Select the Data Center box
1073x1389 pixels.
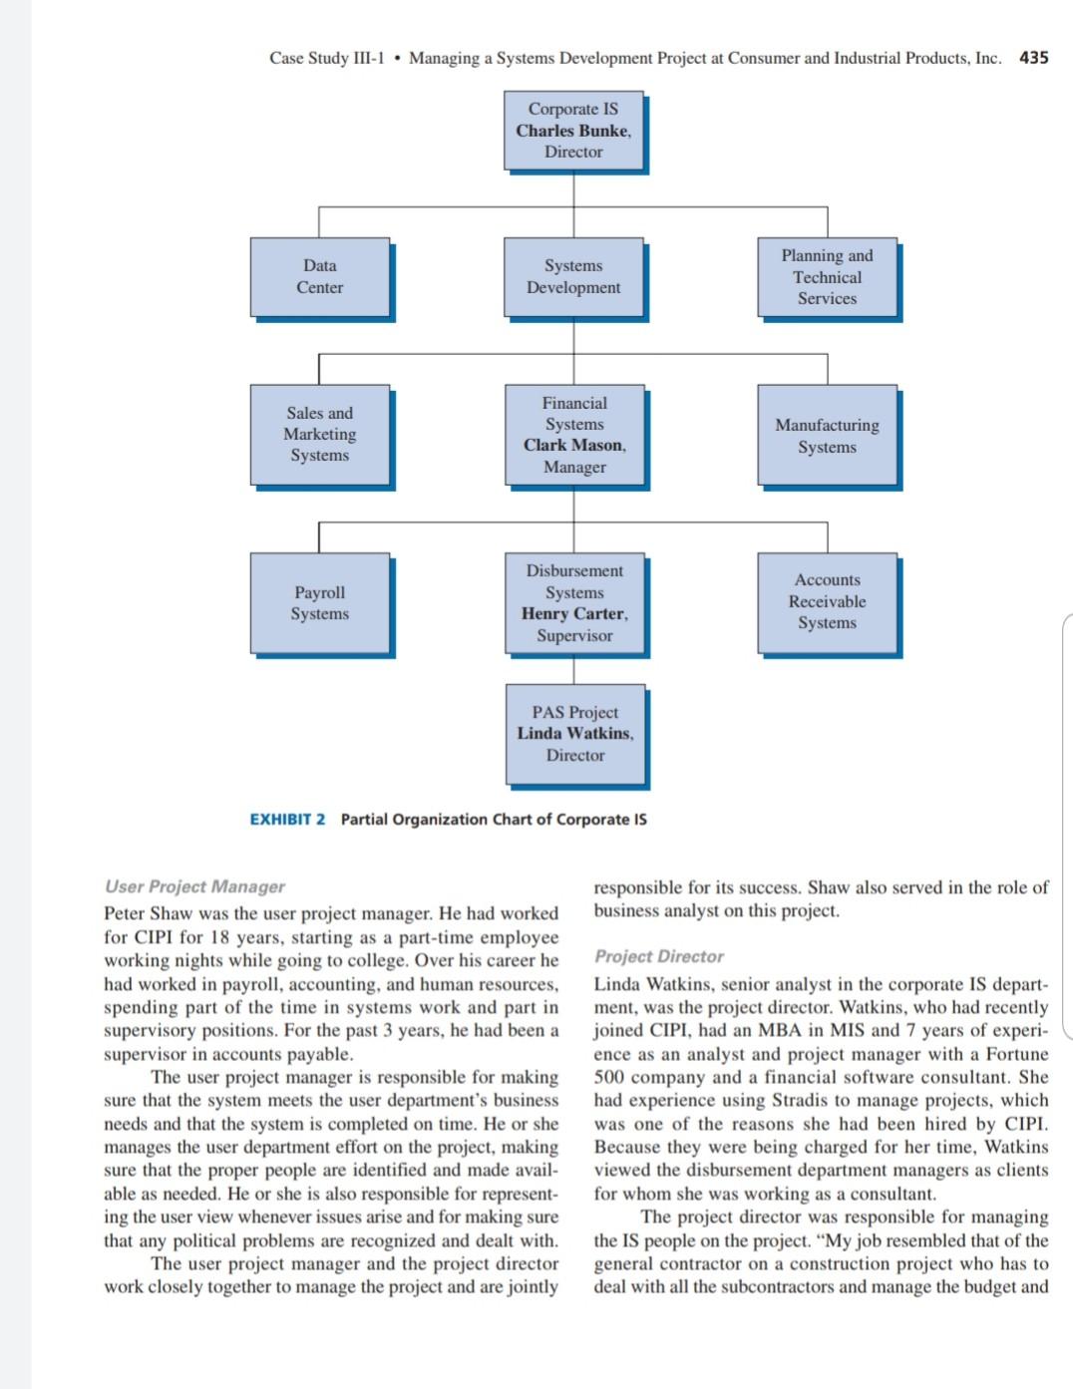pyautogui.click(x=319, y=276)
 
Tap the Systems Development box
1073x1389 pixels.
pyautogui.click(x=573, y=276)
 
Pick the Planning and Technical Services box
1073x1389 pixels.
pyautogui.click(x=827, y=276)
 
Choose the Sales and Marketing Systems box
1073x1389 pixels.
pyautogui.click(x=319, y=434)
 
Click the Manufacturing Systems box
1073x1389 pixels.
pyautogui.click(x=827, y=436)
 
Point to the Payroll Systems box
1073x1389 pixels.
pyautogui.click(x=319, y=603)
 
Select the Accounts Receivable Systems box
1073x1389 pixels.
pyautogui.click(x=827, y=601)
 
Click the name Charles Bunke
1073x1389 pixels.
pyautogui.click(x=572, y=131)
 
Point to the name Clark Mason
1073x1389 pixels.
pyautogui.click(x=573, y=445)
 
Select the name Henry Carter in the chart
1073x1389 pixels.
pyautogui.click(x=573, y=613)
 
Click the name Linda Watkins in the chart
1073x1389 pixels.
pyautogui.click(x=574, y=733)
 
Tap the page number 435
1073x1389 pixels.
pyautogui.click(x=1033, y=58)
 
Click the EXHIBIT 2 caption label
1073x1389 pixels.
pyautogui.click(x=287, y=820)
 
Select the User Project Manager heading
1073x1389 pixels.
pyautogui.click(x=194, y=886)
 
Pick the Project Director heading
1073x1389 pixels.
pyautogui.click(x=658, y=956)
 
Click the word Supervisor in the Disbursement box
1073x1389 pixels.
pyautogui.click(x=574, y=635)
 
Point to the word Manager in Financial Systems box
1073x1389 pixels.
pyautogui.click(x=574, y=467)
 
